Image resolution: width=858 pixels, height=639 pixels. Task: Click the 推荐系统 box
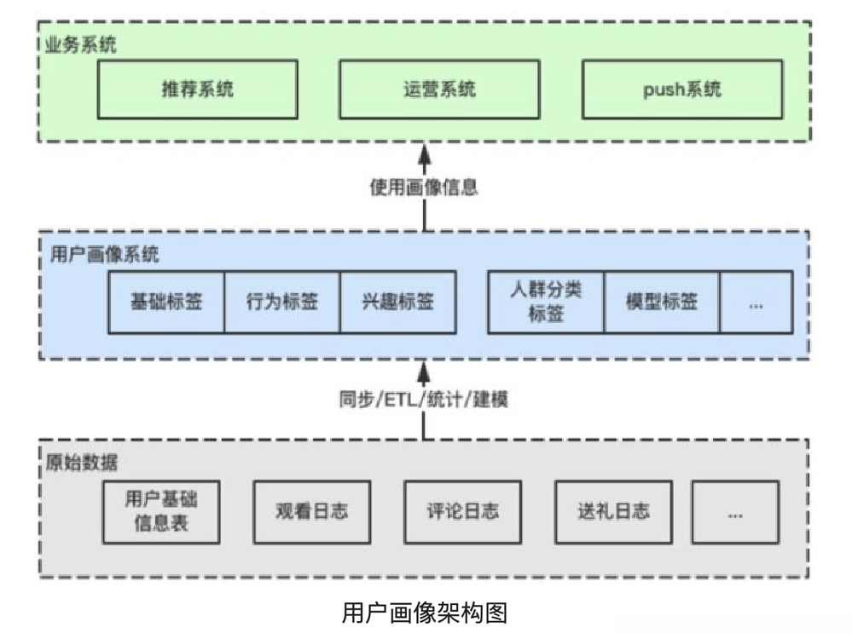coord(197,89)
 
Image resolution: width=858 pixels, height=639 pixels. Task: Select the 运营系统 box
coord(439,89)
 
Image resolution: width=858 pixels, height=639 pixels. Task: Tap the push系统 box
coord(681,89)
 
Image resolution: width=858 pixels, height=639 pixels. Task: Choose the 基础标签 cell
coord(166,302)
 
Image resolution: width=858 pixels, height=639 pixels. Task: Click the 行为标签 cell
coord(282,302)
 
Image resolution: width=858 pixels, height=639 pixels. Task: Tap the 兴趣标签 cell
coord(397,302)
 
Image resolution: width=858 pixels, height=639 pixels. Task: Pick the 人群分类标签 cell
coord(546,302)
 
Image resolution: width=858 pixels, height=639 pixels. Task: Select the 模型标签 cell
coord(662,302)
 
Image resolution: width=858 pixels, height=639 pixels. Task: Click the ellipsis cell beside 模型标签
coord(756,302)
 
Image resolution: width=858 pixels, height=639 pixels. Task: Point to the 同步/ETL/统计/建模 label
coord(424,399)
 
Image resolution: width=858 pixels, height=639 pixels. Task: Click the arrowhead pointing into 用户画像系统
coord(424,369)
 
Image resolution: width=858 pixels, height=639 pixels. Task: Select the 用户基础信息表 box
coord(161,511)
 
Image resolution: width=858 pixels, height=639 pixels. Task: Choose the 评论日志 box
coord(462,511)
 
